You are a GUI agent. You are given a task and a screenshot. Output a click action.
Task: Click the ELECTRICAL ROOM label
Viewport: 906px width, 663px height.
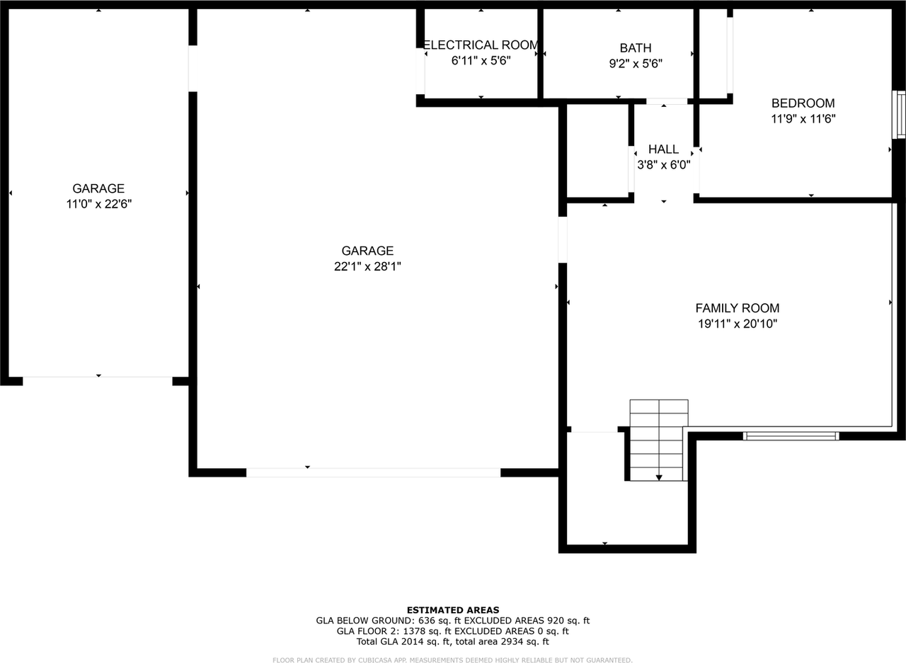tap(481, 45)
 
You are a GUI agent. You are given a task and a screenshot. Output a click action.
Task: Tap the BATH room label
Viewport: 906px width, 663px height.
tap(636, 48)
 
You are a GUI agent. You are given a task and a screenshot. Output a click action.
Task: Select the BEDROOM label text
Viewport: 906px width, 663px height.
tap(803, 103)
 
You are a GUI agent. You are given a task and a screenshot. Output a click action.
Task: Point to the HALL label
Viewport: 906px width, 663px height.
tap(663, 149)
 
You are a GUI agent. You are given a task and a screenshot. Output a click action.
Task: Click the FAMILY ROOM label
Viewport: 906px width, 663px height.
tap(737, 308)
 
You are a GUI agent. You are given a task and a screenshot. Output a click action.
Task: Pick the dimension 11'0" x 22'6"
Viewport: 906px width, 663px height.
tap(98, 204)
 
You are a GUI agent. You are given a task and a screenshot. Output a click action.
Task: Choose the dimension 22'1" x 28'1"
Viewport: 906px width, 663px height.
tap(367, 266)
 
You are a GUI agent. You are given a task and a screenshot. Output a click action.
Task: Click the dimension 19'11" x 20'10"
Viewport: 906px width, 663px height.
tap(737, 324)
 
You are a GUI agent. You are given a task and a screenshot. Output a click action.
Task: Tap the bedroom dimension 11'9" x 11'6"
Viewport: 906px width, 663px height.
tap(803, 120)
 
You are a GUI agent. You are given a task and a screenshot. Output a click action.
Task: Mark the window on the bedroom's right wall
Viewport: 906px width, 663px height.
tap(900, 114)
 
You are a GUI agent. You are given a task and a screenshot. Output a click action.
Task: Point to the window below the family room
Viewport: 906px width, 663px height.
tap(791, 436)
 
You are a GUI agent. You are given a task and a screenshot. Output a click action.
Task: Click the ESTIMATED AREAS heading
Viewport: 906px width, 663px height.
tap(452, 610)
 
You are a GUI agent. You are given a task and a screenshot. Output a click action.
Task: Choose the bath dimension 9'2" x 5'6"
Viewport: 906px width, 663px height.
tap(636, 63)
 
